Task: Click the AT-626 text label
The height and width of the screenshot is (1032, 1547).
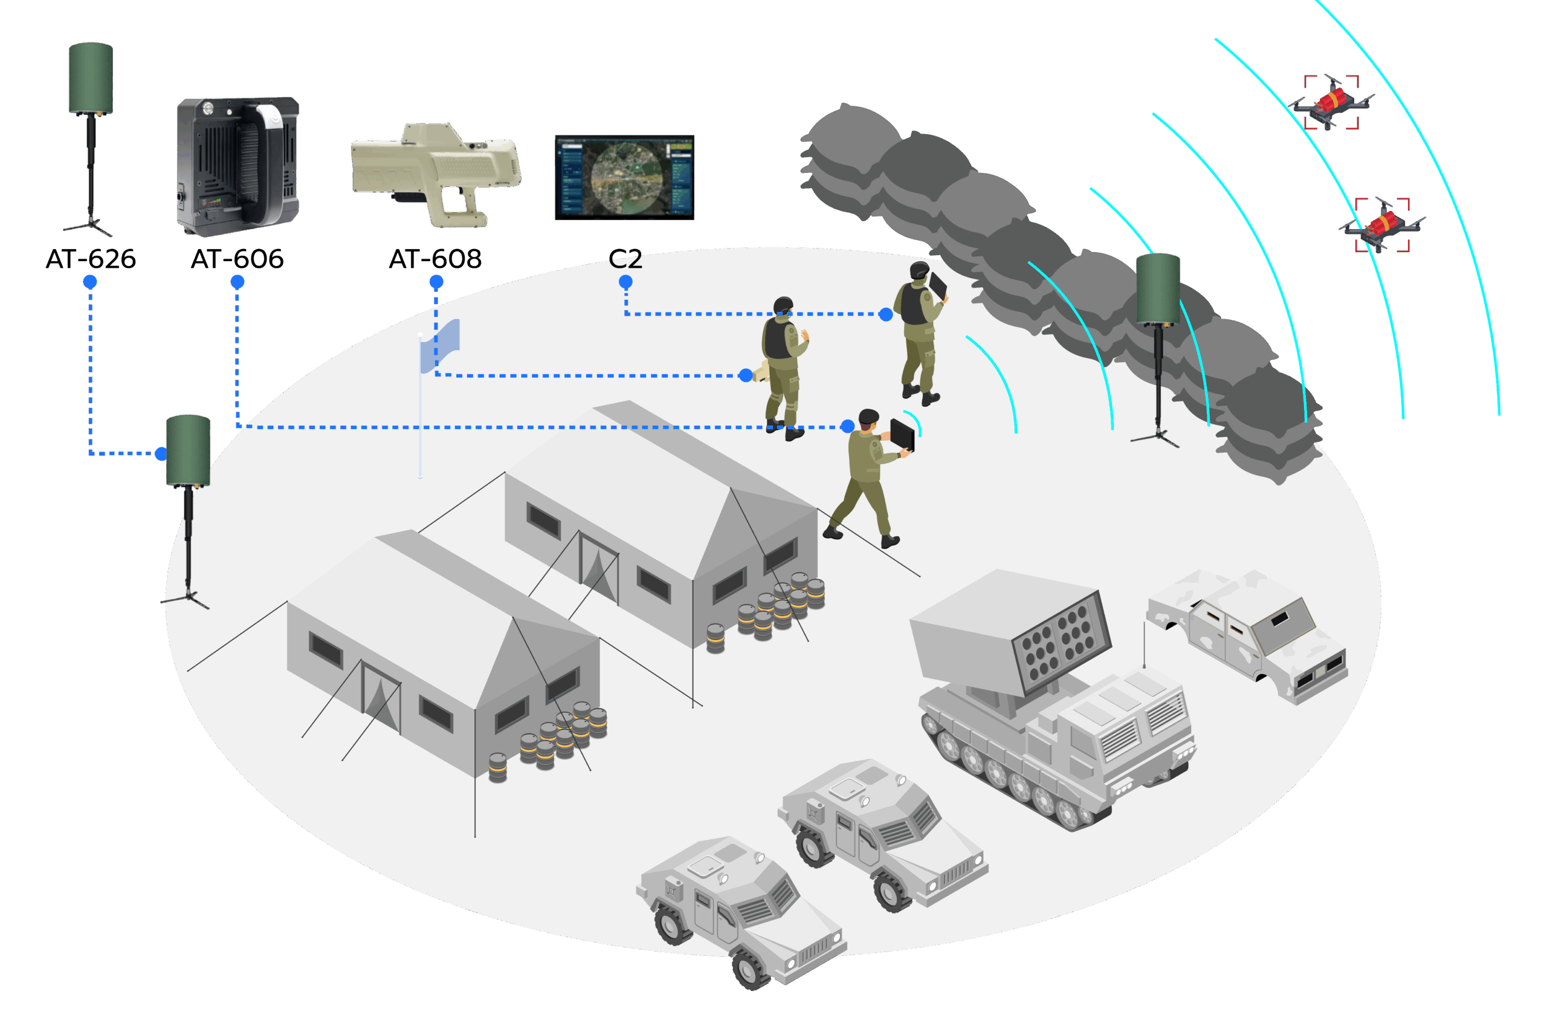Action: tap(91, 259)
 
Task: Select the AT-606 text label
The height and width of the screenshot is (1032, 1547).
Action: tap(237, 259)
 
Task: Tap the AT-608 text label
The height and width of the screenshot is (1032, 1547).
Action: tap(436, 259)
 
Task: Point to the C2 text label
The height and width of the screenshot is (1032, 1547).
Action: tap(625, 259)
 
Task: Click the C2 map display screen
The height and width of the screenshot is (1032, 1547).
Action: tap(624, 177)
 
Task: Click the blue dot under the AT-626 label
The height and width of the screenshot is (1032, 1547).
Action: tap(90, 282)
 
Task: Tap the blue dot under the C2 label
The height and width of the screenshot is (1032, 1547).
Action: tap(625, 282)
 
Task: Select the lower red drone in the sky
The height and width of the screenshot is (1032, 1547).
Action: tap(1381, 225)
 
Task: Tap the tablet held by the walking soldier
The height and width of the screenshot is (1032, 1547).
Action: tap(902, 436)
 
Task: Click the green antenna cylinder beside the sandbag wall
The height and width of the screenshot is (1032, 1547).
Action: tap(1158, 290)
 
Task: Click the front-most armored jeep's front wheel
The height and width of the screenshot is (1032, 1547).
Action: tap(749, 968)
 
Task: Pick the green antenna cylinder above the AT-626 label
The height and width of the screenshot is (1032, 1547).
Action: tap(91, 79)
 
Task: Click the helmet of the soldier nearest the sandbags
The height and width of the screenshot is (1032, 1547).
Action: tap(919, 270)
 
